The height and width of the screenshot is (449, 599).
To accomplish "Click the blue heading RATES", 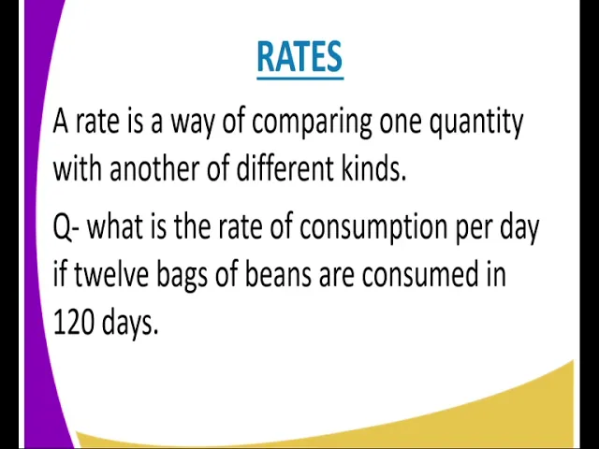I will click(x=299, y=57).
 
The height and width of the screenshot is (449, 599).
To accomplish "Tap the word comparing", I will click(x=312, y=123).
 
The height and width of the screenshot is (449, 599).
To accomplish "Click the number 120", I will click(x=73, y=322).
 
